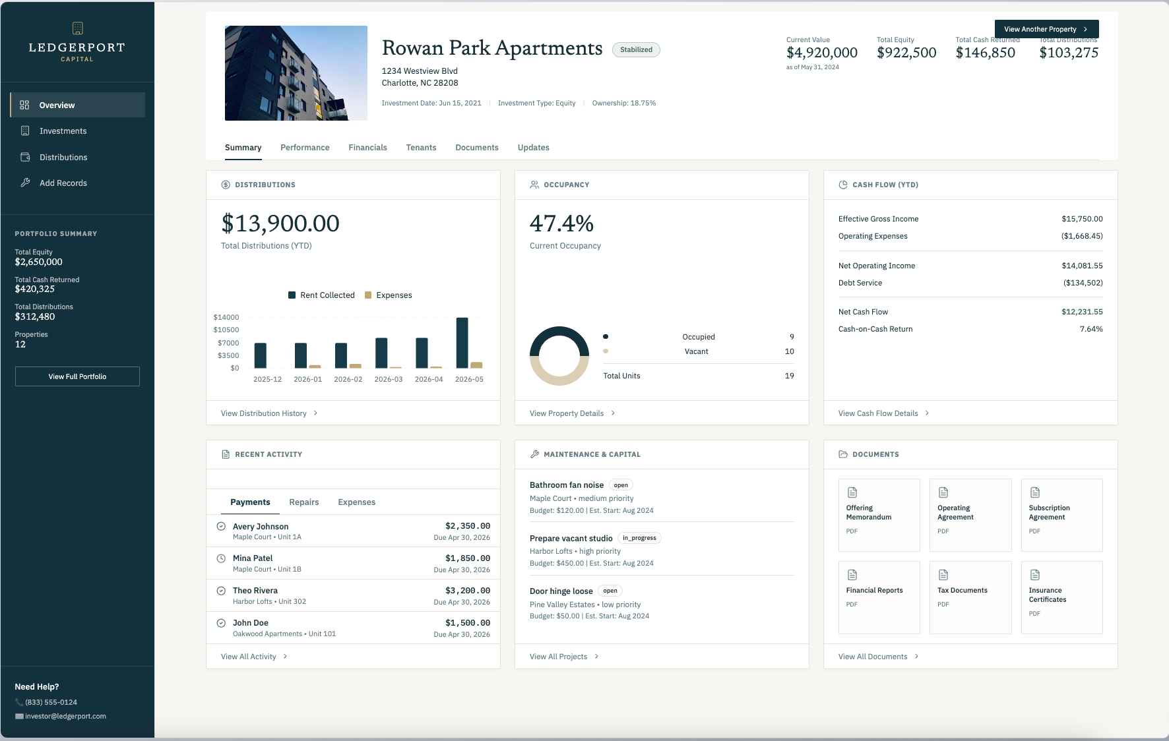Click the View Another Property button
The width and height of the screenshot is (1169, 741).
[x=1046, y=29]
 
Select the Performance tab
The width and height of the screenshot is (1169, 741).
[x=305, y=148]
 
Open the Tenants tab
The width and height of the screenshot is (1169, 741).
[x=421, y=148]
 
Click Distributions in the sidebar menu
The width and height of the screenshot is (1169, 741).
[x=63, y=158]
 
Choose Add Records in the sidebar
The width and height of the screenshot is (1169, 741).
[x=63, y=183]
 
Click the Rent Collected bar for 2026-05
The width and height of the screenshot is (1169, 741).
[x=462, y=343]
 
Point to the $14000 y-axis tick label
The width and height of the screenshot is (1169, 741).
[x=226, y=317]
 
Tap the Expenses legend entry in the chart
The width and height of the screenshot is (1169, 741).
[x=389, y=295]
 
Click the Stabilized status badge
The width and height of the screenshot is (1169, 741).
[x=636, y=49]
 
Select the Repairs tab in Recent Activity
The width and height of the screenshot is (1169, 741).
[x=304, y=502]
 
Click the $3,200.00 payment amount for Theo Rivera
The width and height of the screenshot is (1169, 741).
[x=468, y=591]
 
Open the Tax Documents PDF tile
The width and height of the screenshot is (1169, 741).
[x=970, y=597]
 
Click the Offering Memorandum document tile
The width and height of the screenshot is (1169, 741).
[x=879, y=515]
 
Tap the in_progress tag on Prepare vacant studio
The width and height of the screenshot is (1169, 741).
[x=639, y=538]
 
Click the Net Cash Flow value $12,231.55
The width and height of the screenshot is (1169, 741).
[x=1082, y=312]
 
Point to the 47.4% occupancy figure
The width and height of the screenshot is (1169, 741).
[x=561, y=223]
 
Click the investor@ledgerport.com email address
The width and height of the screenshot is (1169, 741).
[x=65, y=717]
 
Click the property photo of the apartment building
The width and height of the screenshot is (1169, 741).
[x=296, y=73]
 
